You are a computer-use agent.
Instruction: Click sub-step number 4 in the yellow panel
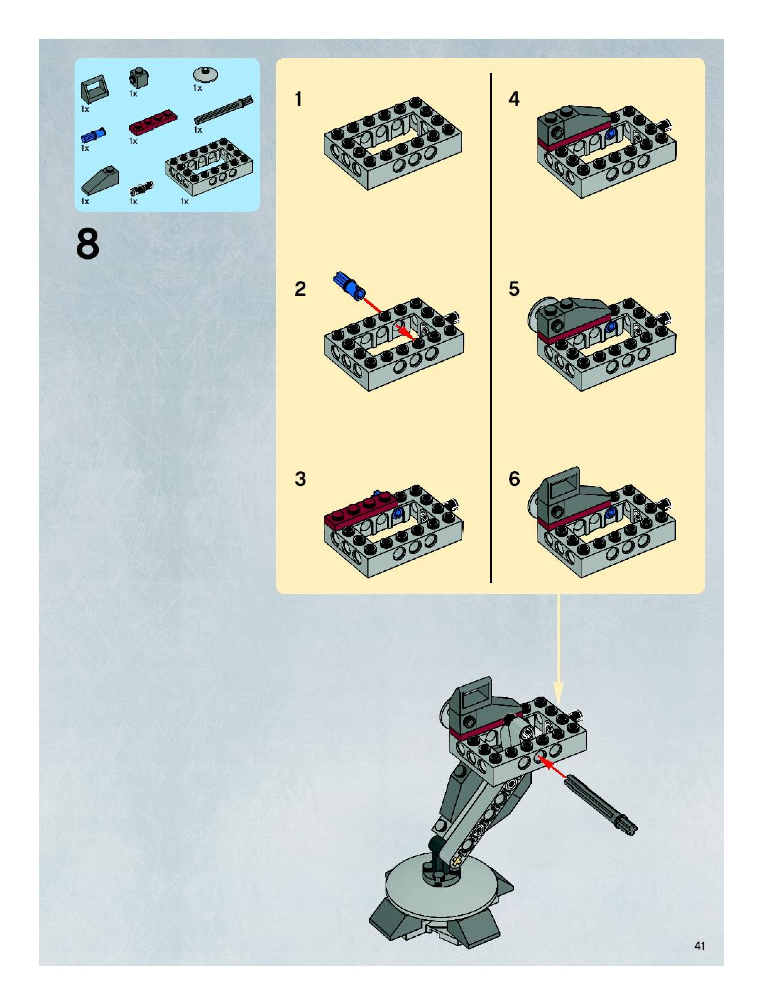(x=514, y=99)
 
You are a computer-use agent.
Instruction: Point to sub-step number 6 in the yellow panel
(x=514, y=479)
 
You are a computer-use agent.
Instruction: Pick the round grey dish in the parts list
(x=206, y=74)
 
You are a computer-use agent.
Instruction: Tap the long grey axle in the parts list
(x=224, y=110)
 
